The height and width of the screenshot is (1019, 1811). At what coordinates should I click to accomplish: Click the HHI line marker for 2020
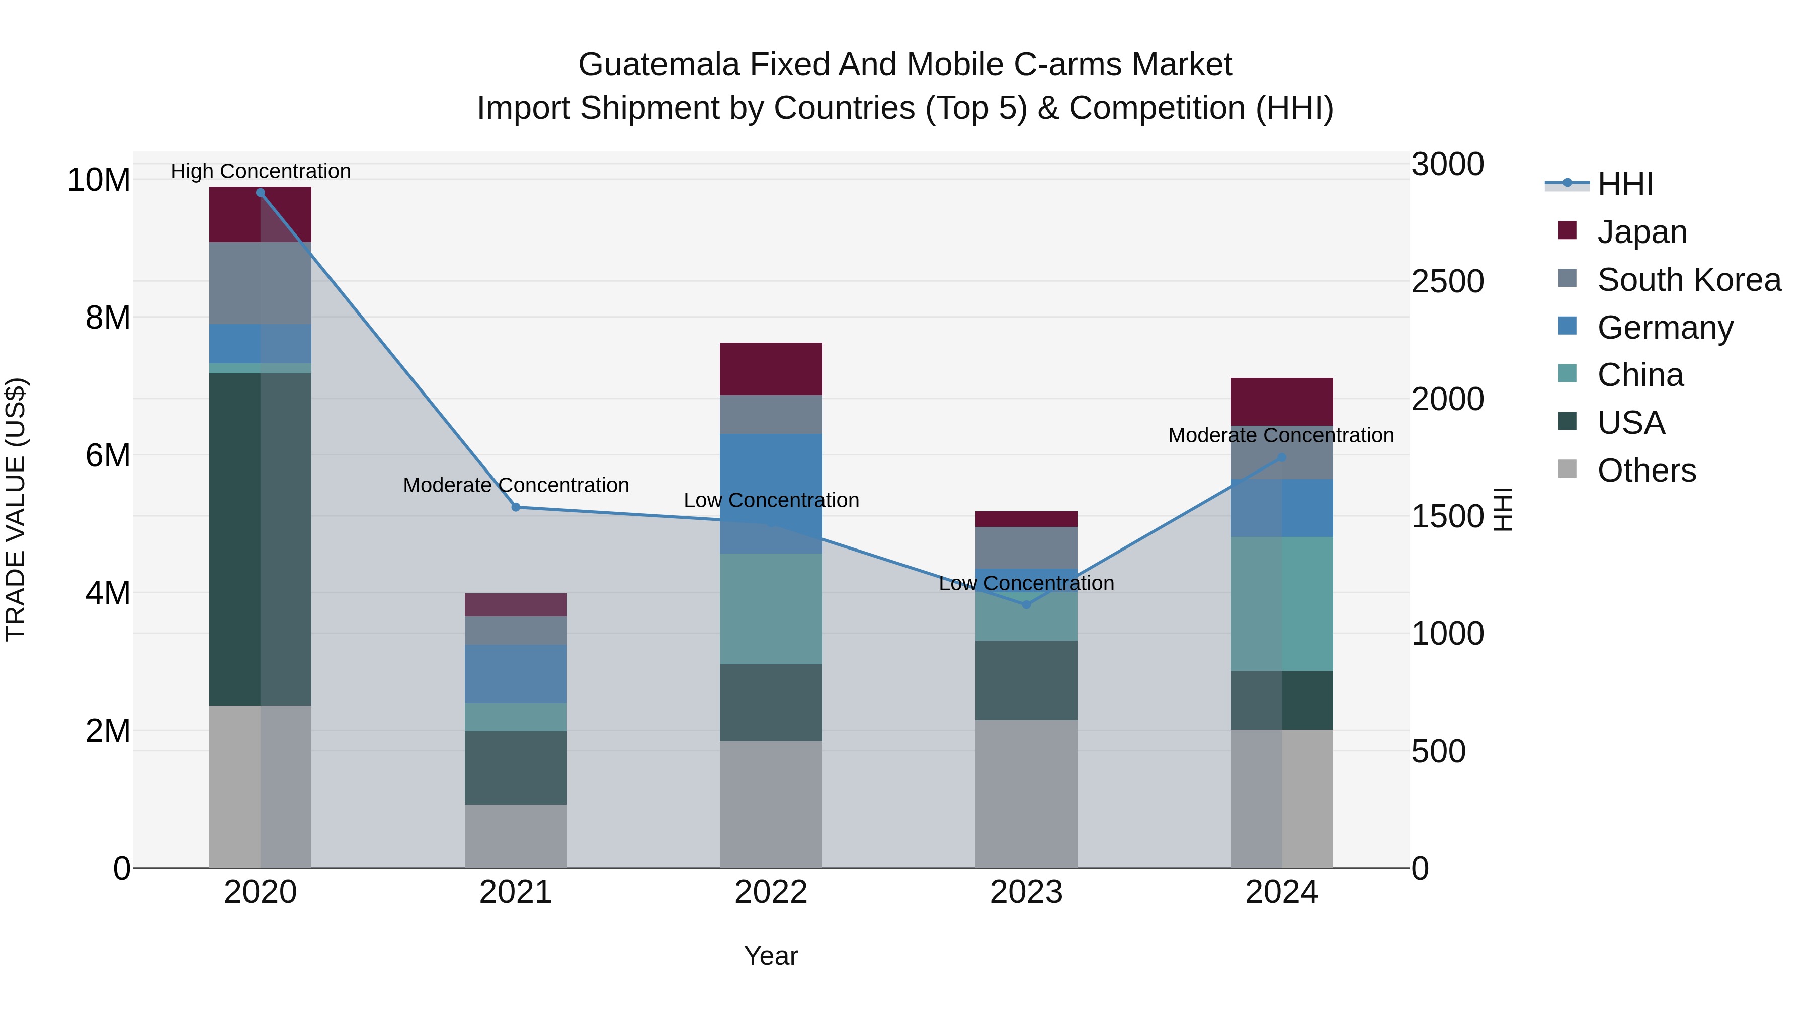260,192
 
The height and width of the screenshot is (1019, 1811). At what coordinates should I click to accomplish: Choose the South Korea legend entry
1689,280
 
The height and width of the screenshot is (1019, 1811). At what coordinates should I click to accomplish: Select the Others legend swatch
1567,469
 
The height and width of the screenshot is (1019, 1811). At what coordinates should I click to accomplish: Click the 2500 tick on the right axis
1447,281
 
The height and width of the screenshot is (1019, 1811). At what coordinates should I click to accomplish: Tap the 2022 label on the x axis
771,892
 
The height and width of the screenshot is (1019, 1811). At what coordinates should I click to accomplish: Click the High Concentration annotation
260,171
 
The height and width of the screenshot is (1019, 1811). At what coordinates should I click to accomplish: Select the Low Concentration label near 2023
1026,583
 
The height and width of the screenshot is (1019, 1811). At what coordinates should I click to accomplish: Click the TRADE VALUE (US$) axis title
16,509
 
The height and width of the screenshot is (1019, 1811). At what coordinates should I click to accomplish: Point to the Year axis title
771,956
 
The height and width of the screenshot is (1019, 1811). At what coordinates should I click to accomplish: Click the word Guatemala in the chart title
658,65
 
